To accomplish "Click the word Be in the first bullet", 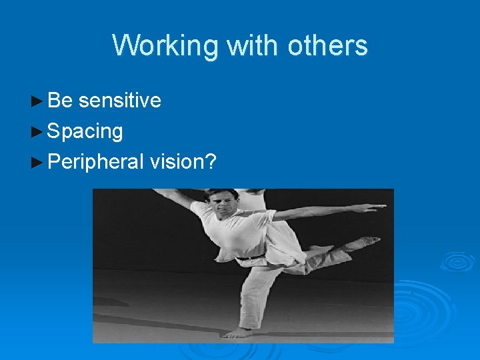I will point(60,101).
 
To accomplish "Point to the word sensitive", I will point(120,101).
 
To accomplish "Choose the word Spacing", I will point(85,131).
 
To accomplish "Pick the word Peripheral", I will point(96,162).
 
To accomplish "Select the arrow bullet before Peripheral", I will point(38,162).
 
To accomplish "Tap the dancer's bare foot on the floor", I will point(239,331).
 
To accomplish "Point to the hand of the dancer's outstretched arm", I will point(377,207).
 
